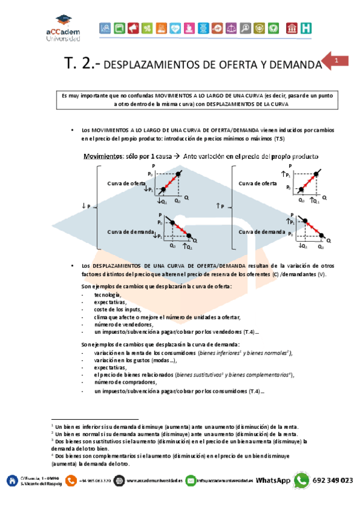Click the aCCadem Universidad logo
[x=61, y=28]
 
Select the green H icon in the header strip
[x=307, y=28]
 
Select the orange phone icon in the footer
[x=71, y=481]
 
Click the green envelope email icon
[x=191, y=481]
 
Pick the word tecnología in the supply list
[x=107, y=295]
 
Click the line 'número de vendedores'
[x=119, y=325]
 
